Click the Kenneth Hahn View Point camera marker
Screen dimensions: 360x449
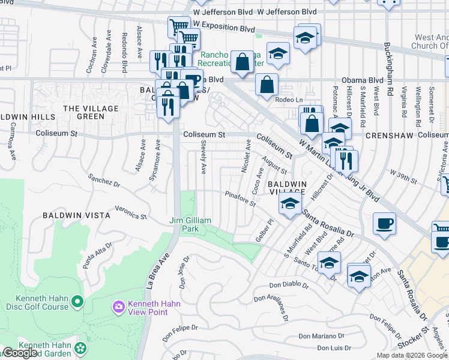pos(118,307)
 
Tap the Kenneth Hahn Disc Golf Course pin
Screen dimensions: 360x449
pos(77,300)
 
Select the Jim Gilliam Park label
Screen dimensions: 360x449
pos(191,224)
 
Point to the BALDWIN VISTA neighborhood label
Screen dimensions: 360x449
pos(76,215)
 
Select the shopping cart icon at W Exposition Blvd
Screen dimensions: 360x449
pos(179,28)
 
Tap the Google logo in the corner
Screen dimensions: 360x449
pos(19,353)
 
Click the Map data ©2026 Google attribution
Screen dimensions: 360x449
pos(412,355)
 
